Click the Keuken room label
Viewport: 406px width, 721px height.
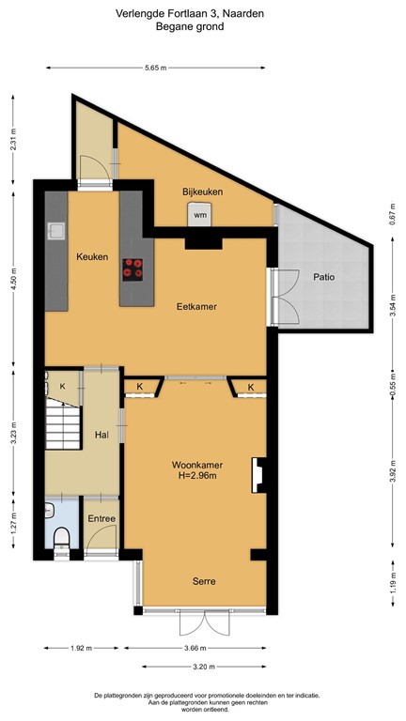92,256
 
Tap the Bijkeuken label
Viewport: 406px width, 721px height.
202,192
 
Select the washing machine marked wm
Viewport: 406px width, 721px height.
200,216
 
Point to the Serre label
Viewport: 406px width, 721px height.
204,581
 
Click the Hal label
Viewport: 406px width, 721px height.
102,435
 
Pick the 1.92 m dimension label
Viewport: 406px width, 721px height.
81,648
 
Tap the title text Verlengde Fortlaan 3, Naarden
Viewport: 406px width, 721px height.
203,14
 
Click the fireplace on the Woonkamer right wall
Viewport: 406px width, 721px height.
256,474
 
